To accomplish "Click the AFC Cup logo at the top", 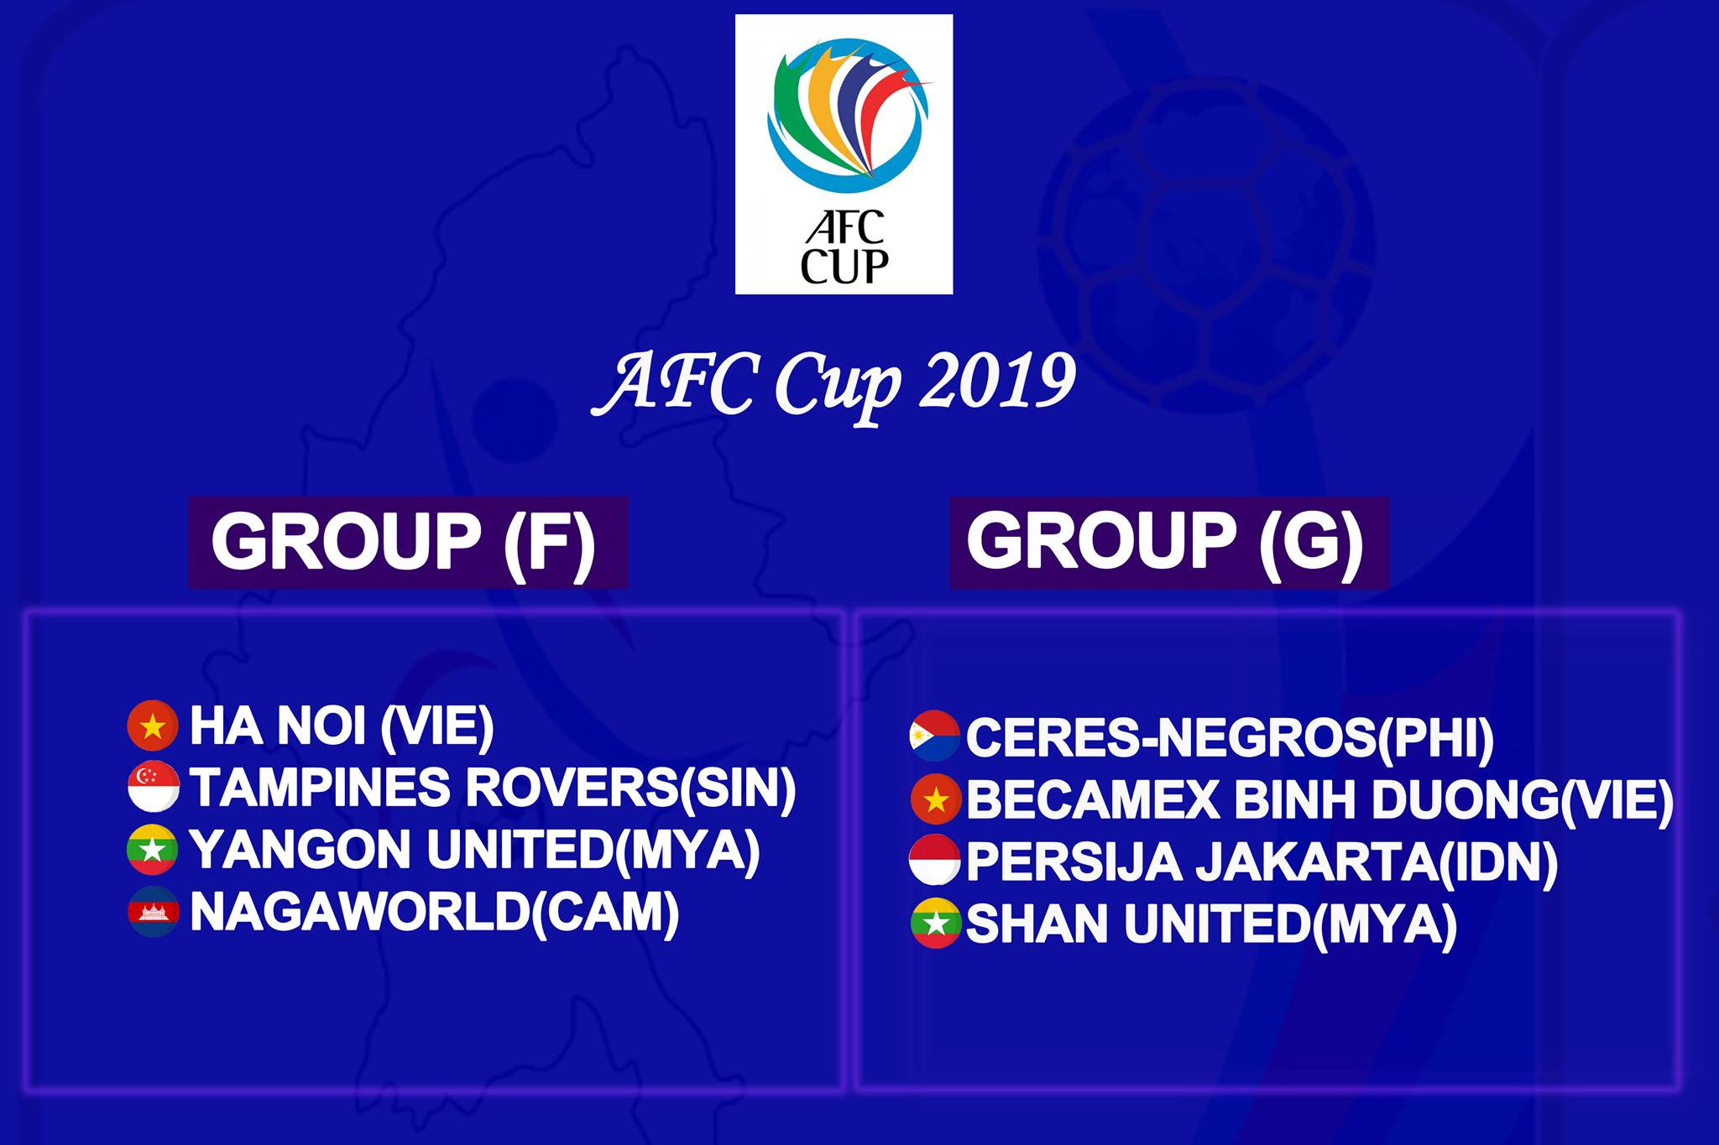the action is tap(844, 154).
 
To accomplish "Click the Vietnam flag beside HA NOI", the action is tap(153, 726).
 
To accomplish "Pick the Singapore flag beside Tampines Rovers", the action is tap(153, 788).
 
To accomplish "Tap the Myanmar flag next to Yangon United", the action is tap(153, 850).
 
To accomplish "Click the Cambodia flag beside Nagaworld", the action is tap(153, 912).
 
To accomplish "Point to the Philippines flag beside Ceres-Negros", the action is tap(935, 736).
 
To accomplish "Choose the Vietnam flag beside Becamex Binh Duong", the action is tap(935, 799).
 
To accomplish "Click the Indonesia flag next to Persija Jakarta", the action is tap(935, 861).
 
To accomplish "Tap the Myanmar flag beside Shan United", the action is tap(935, 924).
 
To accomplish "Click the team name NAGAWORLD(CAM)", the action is tap(435, 913).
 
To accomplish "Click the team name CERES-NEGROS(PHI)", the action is tap(1230, 738).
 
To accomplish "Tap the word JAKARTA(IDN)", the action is tap(1377, 863).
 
